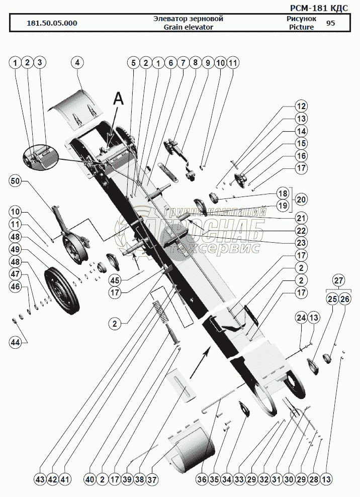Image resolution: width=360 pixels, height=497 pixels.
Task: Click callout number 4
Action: click(77, 63)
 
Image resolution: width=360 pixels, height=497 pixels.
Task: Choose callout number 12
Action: click(301, 107)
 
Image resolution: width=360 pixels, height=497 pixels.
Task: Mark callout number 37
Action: click(152, 479)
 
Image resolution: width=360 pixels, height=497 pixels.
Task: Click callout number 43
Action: click(40, 479)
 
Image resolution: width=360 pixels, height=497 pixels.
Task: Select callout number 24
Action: click(301, 318)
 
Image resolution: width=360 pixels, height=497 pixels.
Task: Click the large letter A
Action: click(118, 100)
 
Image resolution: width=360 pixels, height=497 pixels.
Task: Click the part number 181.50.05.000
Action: click(52, 23)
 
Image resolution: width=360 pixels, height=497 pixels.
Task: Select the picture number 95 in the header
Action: click(330, 23)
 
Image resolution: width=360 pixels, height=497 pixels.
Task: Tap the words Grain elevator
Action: click(188, 27)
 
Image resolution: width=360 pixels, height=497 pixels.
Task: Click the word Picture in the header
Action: click(301, 27)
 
